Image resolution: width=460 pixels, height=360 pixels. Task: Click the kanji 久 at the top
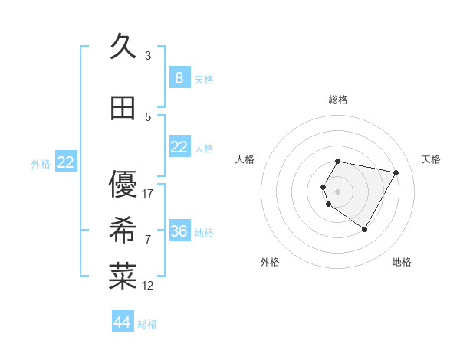pyautogui.click(x=123, y=47)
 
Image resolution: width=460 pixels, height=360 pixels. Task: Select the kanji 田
pyautogui.click(x=123, y=108)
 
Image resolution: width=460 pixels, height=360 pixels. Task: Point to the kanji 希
pyautogui.click(x=123, y=231)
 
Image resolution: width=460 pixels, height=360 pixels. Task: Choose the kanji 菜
pyautogui.click(x=123, y=277)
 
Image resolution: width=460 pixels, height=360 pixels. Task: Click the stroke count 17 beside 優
pyautogui.click(x=148, y=194)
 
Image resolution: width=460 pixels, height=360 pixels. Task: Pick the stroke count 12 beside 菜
pyautogui.click(x=148, y=286)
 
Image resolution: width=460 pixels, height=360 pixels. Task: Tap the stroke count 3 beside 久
pyautogui.click(x=148, y=56)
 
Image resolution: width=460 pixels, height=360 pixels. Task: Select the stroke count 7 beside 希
pyautogui.click(x=148, y=240)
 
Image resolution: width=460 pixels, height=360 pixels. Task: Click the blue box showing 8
pyautogui.click(x=179, y=77)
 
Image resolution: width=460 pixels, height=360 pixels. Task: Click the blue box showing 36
pyautogui.click(x=179, y=231)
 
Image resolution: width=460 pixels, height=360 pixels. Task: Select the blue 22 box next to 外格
pyautogui.click(x=66, y=162)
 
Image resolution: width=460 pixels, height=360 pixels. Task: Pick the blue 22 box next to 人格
pyautogui.click(x=179, y=147)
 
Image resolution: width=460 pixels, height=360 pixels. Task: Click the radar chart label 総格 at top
pyautogui.click(x=338, y=100)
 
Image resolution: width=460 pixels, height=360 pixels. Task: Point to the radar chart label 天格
pyautogui.click(x=432, y=159)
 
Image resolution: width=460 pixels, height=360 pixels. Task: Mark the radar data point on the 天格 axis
pyautogui.click(x=396, y=172)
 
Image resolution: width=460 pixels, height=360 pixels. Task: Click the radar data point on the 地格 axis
pyautogui.click(x=364, y=229)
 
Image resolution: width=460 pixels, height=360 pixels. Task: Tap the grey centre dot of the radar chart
pyautogui.click(x=337, y=191)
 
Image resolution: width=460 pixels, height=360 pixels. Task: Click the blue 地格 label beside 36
pyautogui.click(x=204, y=232)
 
